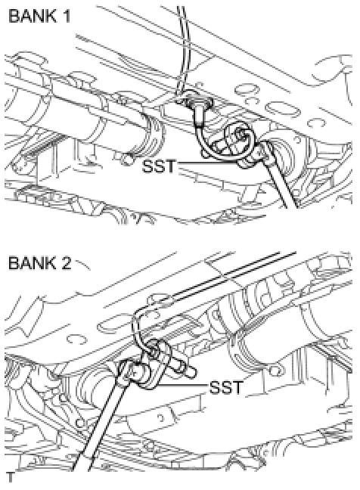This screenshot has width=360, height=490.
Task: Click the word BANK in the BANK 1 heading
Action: pyautogui.click(x=30, y=16)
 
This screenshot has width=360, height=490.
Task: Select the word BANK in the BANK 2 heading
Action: pyautogui.click(x=30, y=263)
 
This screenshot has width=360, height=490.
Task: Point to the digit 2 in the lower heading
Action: pyautogui.click(x=67, y=263)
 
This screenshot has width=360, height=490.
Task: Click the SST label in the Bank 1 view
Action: pyautogui.click(x=158, y=166)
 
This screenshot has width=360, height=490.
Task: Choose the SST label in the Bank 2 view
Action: pyautogui.click(x=225, y=387)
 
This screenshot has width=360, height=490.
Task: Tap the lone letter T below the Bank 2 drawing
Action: pyautogui.click(x=11, y=478)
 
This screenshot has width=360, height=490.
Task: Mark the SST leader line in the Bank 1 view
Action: pyautogui.click(x=209, y=163)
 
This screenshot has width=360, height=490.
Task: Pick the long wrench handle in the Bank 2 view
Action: pyautogui.click(x=101, y=423)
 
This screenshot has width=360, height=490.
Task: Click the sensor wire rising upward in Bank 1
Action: pyautogui.click(x=182, y=50)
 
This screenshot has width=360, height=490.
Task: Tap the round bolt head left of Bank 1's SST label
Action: pyautogui.click(x=128, y=159)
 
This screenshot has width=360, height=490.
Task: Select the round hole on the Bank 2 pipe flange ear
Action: pyautogui.click(x=275, y=371)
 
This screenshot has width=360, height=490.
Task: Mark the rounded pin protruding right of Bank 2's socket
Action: pyautogui.click(x=185, y=369)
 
